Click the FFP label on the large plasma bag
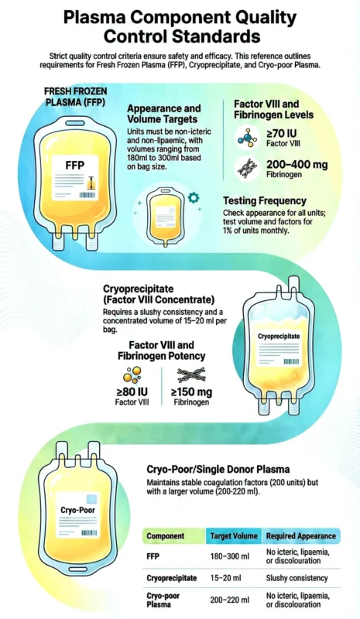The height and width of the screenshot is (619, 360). pos(75,165)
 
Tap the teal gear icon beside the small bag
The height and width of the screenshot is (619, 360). pos(194,197)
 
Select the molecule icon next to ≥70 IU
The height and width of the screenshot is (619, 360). pos(248,138)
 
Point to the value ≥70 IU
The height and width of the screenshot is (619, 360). pos(282,133)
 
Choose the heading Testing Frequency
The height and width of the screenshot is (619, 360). pos(265,200)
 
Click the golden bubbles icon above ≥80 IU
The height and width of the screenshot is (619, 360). pos(132,375)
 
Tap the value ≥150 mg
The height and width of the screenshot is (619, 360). pos(192,392)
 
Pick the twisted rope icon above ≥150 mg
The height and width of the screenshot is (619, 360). pos(192,374)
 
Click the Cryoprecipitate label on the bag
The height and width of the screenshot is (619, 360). pos(279,337)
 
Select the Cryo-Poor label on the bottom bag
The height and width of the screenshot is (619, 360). pos(78,510)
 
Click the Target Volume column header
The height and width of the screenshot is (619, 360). pos(234,536)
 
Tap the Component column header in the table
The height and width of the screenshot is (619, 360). pos(165,536)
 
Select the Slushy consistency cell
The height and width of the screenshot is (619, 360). pos(297,578)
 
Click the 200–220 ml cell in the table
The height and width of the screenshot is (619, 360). pos(230,600)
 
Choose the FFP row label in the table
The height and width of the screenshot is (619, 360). pos(153,556)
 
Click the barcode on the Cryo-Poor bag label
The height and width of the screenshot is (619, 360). pos(89,532)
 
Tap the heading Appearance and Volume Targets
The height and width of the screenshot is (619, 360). pos(164,114)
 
